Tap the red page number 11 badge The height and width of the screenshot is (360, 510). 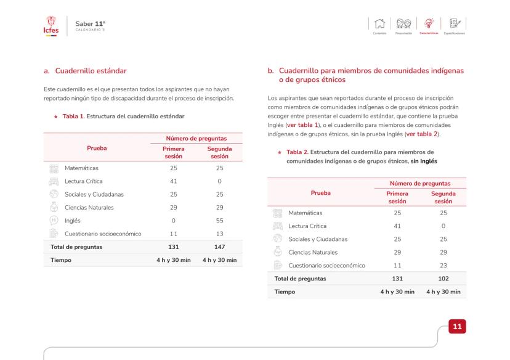pyautogui.click(x=456, y=325)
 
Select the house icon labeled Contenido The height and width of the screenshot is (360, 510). pyautogui.click(x=379, y=24)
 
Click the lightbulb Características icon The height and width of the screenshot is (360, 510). pyautogui.click(x=427, y=24)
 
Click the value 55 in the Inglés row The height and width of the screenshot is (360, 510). pyautogui.click(x=219, y=220)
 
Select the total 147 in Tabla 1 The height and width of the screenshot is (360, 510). pyautogui.click(x=219, y=247)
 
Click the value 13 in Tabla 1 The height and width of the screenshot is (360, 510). pyautogui.click(x=219, y=233)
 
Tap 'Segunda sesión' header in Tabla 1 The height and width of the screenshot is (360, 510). pyautogui.click(x=219, y=152)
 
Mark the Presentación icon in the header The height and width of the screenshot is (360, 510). pyautogui.click(x=404, y=24)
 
